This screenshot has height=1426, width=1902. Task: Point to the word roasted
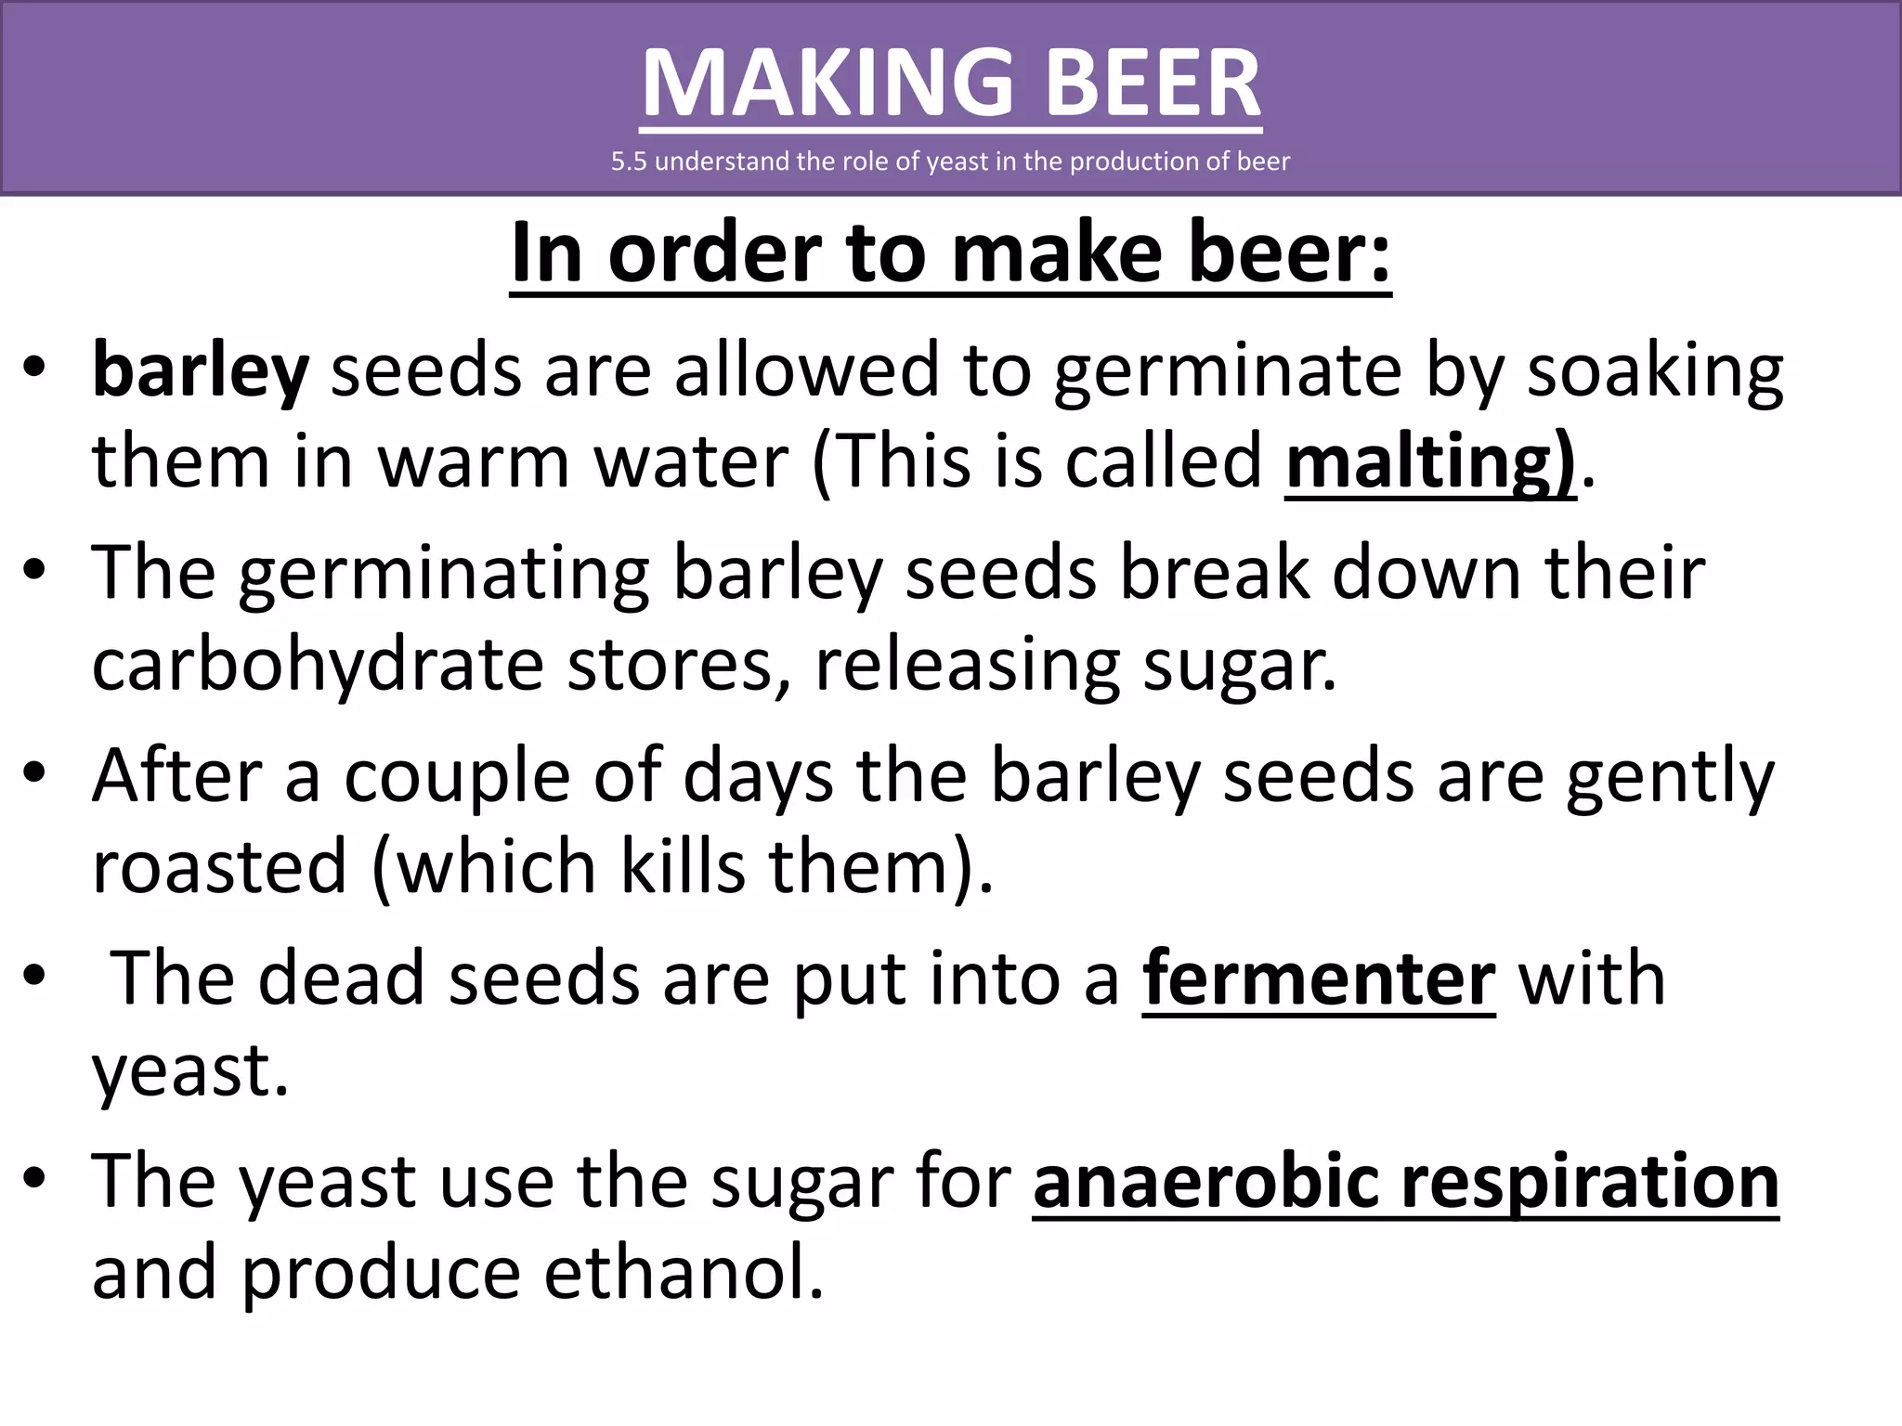pos(220,866)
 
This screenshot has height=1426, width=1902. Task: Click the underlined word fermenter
pos(1319,979)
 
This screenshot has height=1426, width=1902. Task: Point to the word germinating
pos(444,574)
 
